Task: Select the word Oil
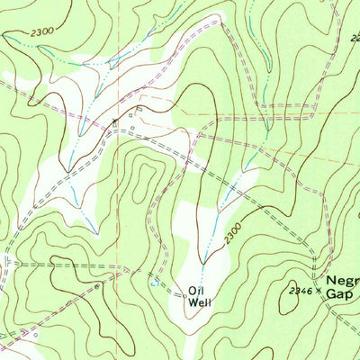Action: pos(196,290)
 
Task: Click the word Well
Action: pos(200,302)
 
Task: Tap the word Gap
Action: pos(339,294)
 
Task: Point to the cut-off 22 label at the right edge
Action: pos(355,38)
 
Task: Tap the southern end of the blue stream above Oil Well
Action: pos(203,262)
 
